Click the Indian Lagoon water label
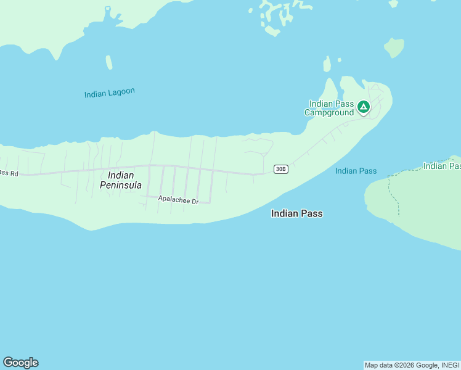109,93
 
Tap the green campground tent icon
364,108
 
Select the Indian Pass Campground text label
331,108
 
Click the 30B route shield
280,169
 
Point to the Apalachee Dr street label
178,200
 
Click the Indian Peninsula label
121,180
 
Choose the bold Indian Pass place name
296,213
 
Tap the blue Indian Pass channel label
356,171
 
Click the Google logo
20,363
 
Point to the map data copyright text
412,365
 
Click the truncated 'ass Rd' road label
9,173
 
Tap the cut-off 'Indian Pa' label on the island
442,166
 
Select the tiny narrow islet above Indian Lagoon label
109,62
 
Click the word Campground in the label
329,112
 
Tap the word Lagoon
122,92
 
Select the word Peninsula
121,185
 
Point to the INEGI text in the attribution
451,365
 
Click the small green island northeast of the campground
393,47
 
